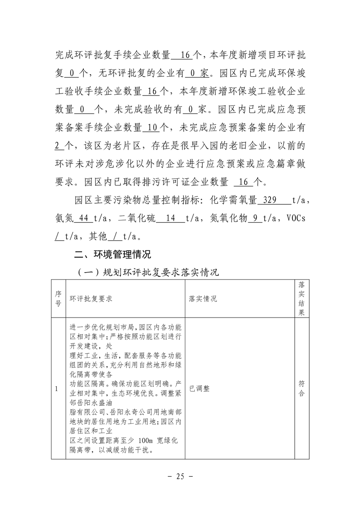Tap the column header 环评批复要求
coord(91,299)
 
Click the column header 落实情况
coord(203,299)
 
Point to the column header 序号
coord(58,299)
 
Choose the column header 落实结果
coord(301,299)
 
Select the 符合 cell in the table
coord(301,388)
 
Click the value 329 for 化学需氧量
coord(270,200)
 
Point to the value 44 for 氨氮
coord(83,218)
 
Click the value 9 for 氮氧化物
coord(256,218)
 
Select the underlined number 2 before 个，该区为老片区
coord(57,146)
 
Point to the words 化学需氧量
coord(232,200)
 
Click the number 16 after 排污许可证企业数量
coord(243,182)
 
